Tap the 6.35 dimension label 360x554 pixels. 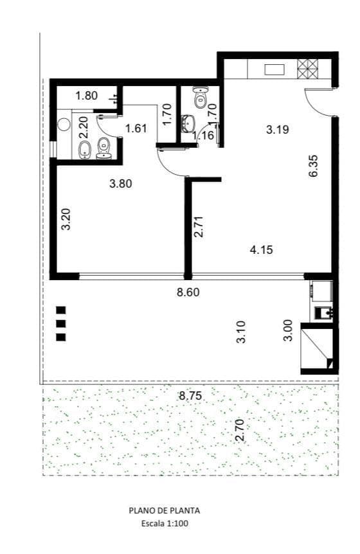pyautogui.click(x=313, y=166)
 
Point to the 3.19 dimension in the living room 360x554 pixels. pyautogui.click(x=277, y=129)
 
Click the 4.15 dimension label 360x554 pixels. pyautogui.click(x=262, y=250)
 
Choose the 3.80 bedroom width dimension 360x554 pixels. pyautogui.click(x=121, y=184)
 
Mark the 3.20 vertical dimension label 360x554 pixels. pyautogui.click(x=66, y=219)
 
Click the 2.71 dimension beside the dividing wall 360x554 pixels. pyautogui.click(x=199, y=226)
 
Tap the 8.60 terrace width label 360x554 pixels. pyautogui.click(x=188, y=292)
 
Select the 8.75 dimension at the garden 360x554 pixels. pyautogui.click(x=190, y=395)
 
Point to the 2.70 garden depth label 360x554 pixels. pyautogui.click(x=240, y=429)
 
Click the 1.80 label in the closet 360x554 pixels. pyautogui.click(x=87, y=95)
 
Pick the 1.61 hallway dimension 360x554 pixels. pyautogui.click(x=136, y=128)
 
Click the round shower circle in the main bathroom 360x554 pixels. pyautogui.click(x=65, y=124)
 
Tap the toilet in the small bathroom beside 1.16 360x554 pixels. pyautogui.click(x=201, y=97)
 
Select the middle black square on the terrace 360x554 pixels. pyautogui.click(x=61, y=324)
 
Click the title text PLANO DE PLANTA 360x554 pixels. pyautogui.click(x=165, y=510)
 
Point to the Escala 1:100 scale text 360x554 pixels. pyautogui.click(x=165, y=523)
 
